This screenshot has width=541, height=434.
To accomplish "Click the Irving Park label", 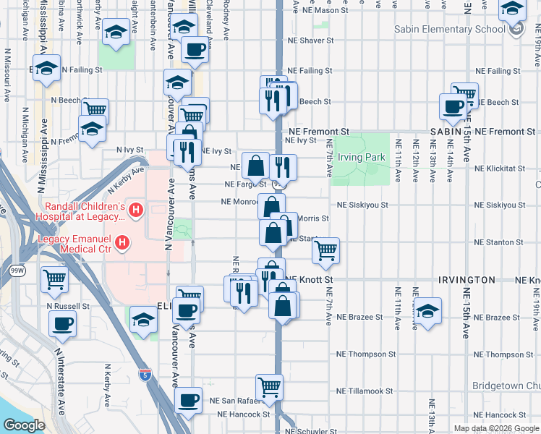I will pyautogui.click(x=359, y=158).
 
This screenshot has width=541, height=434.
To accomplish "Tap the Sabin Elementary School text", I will pyautogui.click(x=450, y=30).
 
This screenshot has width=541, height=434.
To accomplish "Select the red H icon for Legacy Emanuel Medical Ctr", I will pyautogui.click(x=123, y=242).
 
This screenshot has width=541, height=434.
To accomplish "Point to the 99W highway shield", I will pyautogui.click(x=16, y=271).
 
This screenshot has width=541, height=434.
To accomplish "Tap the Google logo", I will pyautogui.click(x=22, y=426).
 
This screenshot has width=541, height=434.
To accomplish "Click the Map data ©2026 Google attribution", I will pyautogui.click(x=495, y=428).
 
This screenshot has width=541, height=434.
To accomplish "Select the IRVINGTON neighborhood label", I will pyautogui.click(x=467, y=279).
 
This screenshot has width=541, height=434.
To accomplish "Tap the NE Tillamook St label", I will pyautogui.click(x=365, y=391).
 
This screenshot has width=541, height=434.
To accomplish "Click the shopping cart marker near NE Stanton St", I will pyautogui.click(x=326, y=250).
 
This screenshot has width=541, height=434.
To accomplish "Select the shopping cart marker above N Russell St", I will pyautogui.click(x=54, y=280).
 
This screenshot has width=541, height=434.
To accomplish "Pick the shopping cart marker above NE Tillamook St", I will pyautogui.click(x=270, y=386).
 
